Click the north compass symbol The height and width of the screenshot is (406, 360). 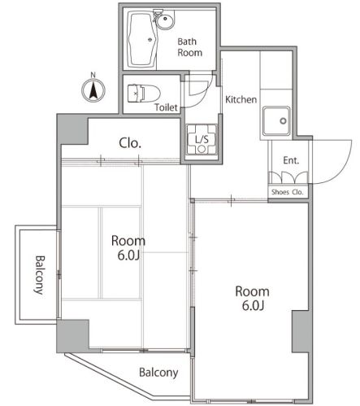pos(93,90)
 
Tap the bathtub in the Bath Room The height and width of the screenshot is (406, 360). pos(141,40)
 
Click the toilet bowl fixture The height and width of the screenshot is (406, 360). pos(143,94)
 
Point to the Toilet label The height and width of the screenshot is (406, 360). pos(166,107)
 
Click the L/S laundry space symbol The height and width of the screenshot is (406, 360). pos(202,139)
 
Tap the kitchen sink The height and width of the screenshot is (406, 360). pos(276,120)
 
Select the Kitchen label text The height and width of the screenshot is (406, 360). pos(241,99)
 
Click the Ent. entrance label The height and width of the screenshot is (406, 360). pos(291,160)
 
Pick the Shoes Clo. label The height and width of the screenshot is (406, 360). pos(287,192)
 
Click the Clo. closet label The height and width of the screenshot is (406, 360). pos(130,143)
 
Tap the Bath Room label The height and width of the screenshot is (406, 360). pos(189,47)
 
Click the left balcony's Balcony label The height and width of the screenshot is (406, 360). pos(39,275)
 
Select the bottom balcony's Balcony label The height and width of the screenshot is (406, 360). pos(158,373)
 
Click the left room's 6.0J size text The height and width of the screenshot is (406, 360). pos(128,255)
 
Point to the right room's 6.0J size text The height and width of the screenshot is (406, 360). pos(253,306)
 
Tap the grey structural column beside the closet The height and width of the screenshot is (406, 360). pos(72,130)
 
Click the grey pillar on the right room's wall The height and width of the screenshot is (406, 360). pos(301,331)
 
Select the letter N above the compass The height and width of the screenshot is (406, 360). pos(93,75)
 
